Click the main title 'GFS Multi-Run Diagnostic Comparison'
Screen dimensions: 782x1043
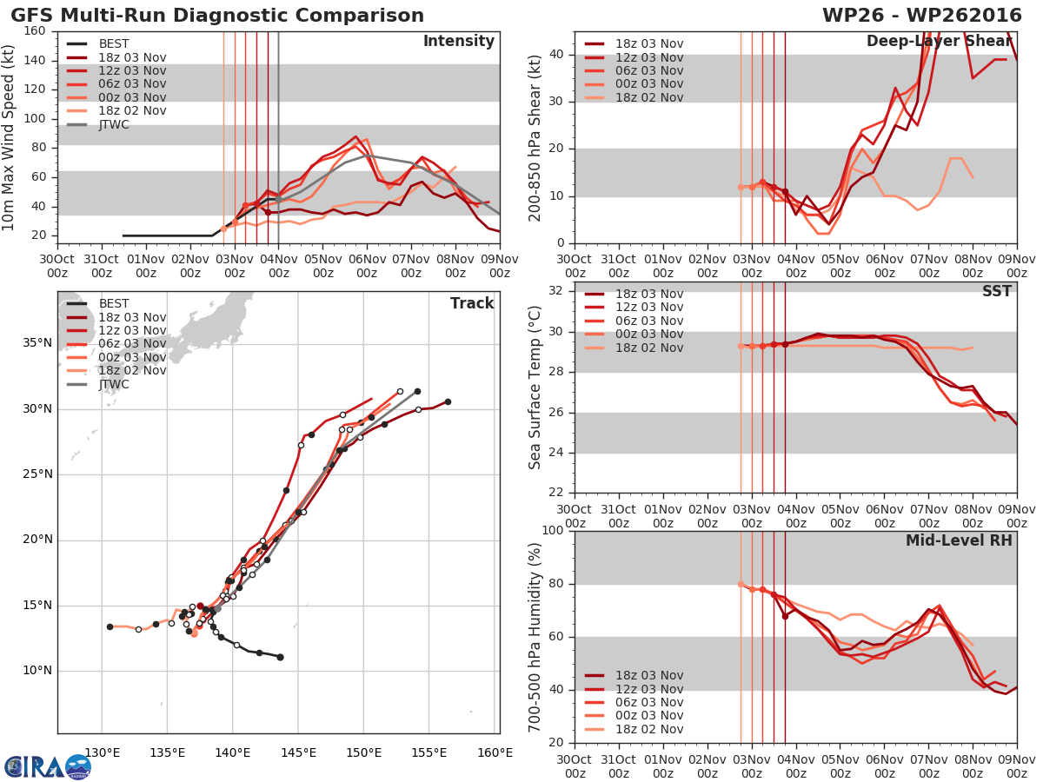click(x=217, y=16)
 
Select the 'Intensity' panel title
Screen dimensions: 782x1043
click(x=458, y=42)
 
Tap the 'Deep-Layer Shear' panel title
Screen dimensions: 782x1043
click(x=939, y=42)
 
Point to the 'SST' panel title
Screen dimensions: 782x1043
click(x=997, y=291)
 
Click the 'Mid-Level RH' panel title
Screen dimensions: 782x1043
click(x=959, y=540)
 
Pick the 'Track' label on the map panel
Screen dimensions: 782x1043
click(x=472, y=303)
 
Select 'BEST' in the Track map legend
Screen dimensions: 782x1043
click(x=114, y=303)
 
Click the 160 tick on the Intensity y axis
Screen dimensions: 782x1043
click(x=35, y=31)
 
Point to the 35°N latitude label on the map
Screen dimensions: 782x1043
click(x=37, y=343)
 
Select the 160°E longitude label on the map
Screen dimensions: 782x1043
click(x=495, y=752)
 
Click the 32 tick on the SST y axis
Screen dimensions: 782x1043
click(x=557, y=290)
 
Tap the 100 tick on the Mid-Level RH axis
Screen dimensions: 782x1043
click(x=554, y=531)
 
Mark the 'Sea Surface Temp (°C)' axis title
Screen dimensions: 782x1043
click(x=535, y=387)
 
